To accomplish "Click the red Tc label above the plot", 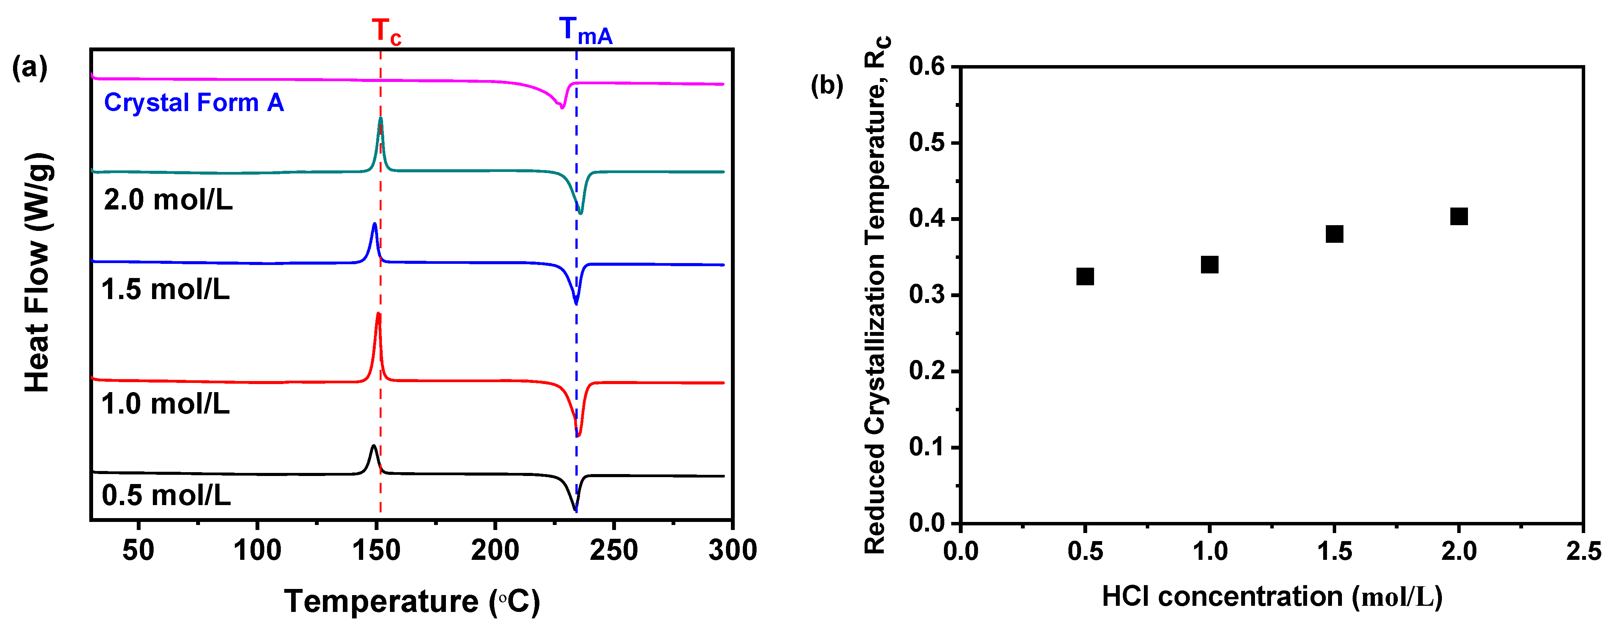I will point(385,31).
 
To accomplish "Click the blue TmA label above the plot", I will point(585,31).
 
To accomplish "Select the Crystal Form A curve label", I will point(194,103).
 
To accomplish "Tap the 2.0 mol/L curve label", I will point(168,200).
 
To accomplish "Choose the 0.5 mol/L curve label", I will point(166,496).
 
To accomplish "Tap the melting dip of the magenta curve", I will point(561,107).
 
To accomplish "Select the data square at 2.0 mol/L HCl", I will point(1459,216).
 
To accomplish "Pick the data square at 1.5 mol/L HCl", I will point(1334,234).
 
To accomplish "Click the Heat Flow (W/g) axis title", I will point(38,273).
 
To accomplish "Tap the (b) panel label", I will point(827,85).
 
